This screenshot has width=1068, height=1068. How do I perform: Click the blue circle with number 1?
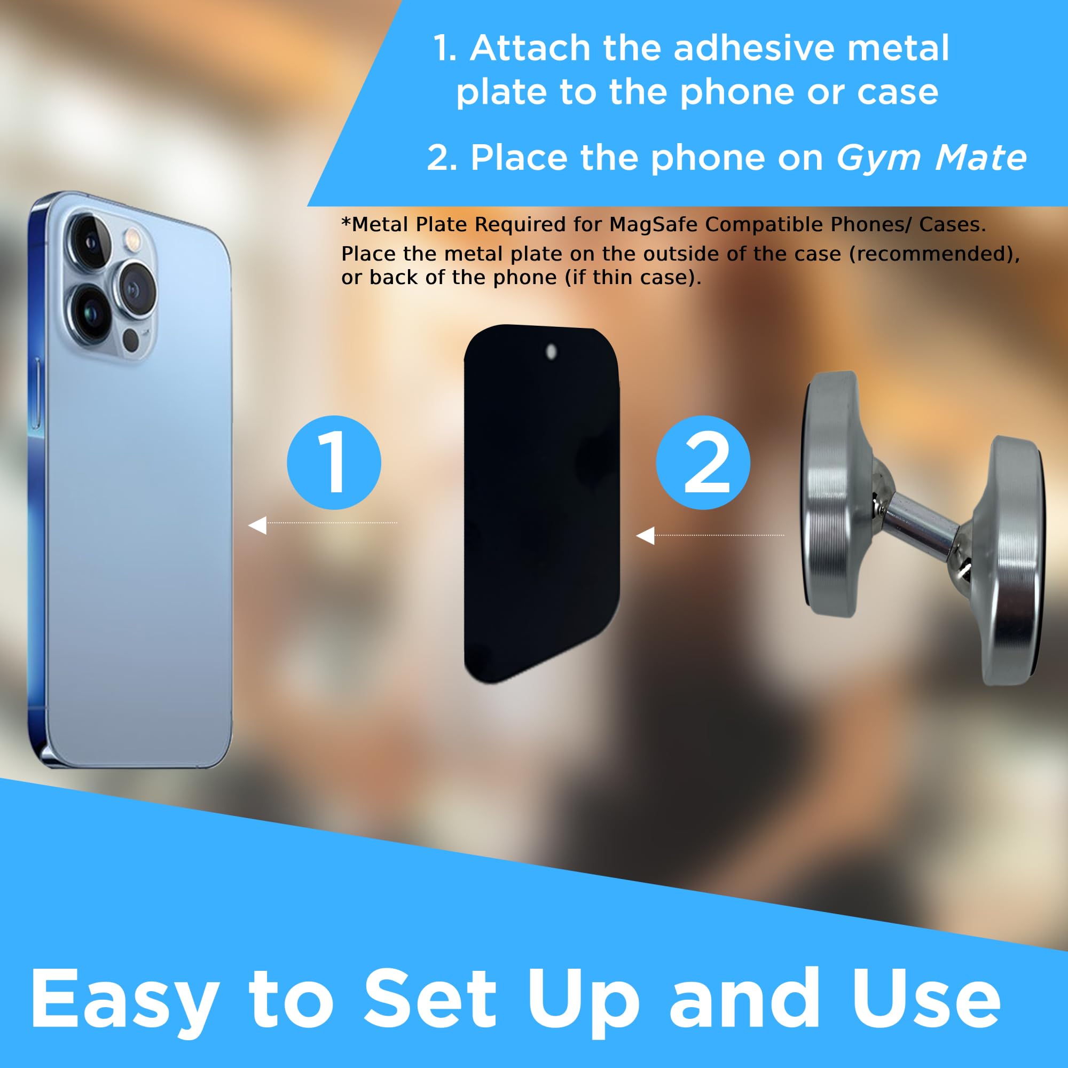(x=334, y=462)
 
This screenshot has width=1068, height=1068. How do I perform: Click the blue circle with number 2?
(x=703, y=462)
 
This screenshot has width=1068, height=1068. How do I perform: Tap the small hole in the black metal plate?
(x=551, y=351)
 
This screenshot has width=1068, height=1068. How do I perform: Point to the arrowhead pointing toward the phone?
(x=257, y=525)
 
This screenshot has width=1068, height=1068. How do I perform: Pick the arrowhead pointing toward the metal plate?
(x=645, y=535)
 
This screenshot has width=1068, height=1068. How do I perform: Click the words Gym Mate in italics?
(x=931, y=158)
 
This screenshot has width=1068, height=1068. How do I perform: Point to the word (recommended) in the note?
(x=933, y=254)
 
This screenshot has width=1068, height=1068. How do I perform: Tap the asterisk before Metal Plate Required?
(x=346, y=222)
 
